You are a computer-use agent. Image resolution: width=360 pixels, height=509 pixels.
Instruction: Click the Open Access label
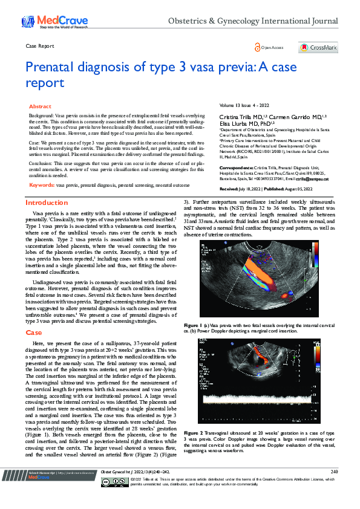click(272, 47)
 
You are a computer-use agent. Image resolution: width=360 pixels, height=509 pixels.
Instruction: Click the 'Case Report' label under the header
click(41, 46)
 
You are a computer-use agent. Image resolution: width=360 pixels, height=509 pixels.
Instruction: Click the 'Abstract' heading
click(41, 106)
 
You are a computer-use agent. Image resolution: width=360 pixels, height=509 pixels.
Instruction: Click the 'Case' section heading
click(34, 332)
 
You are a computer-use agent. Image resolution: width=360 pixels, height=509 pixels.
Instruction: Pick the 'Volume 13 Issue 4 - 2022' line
click(244, 105)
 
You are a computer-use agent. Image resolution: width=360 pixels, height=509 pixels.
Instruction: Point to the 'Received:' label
click(232, 188)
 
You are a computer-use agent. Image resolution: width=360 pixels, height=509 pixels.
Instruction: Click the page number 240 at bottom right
click(334, 487)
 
